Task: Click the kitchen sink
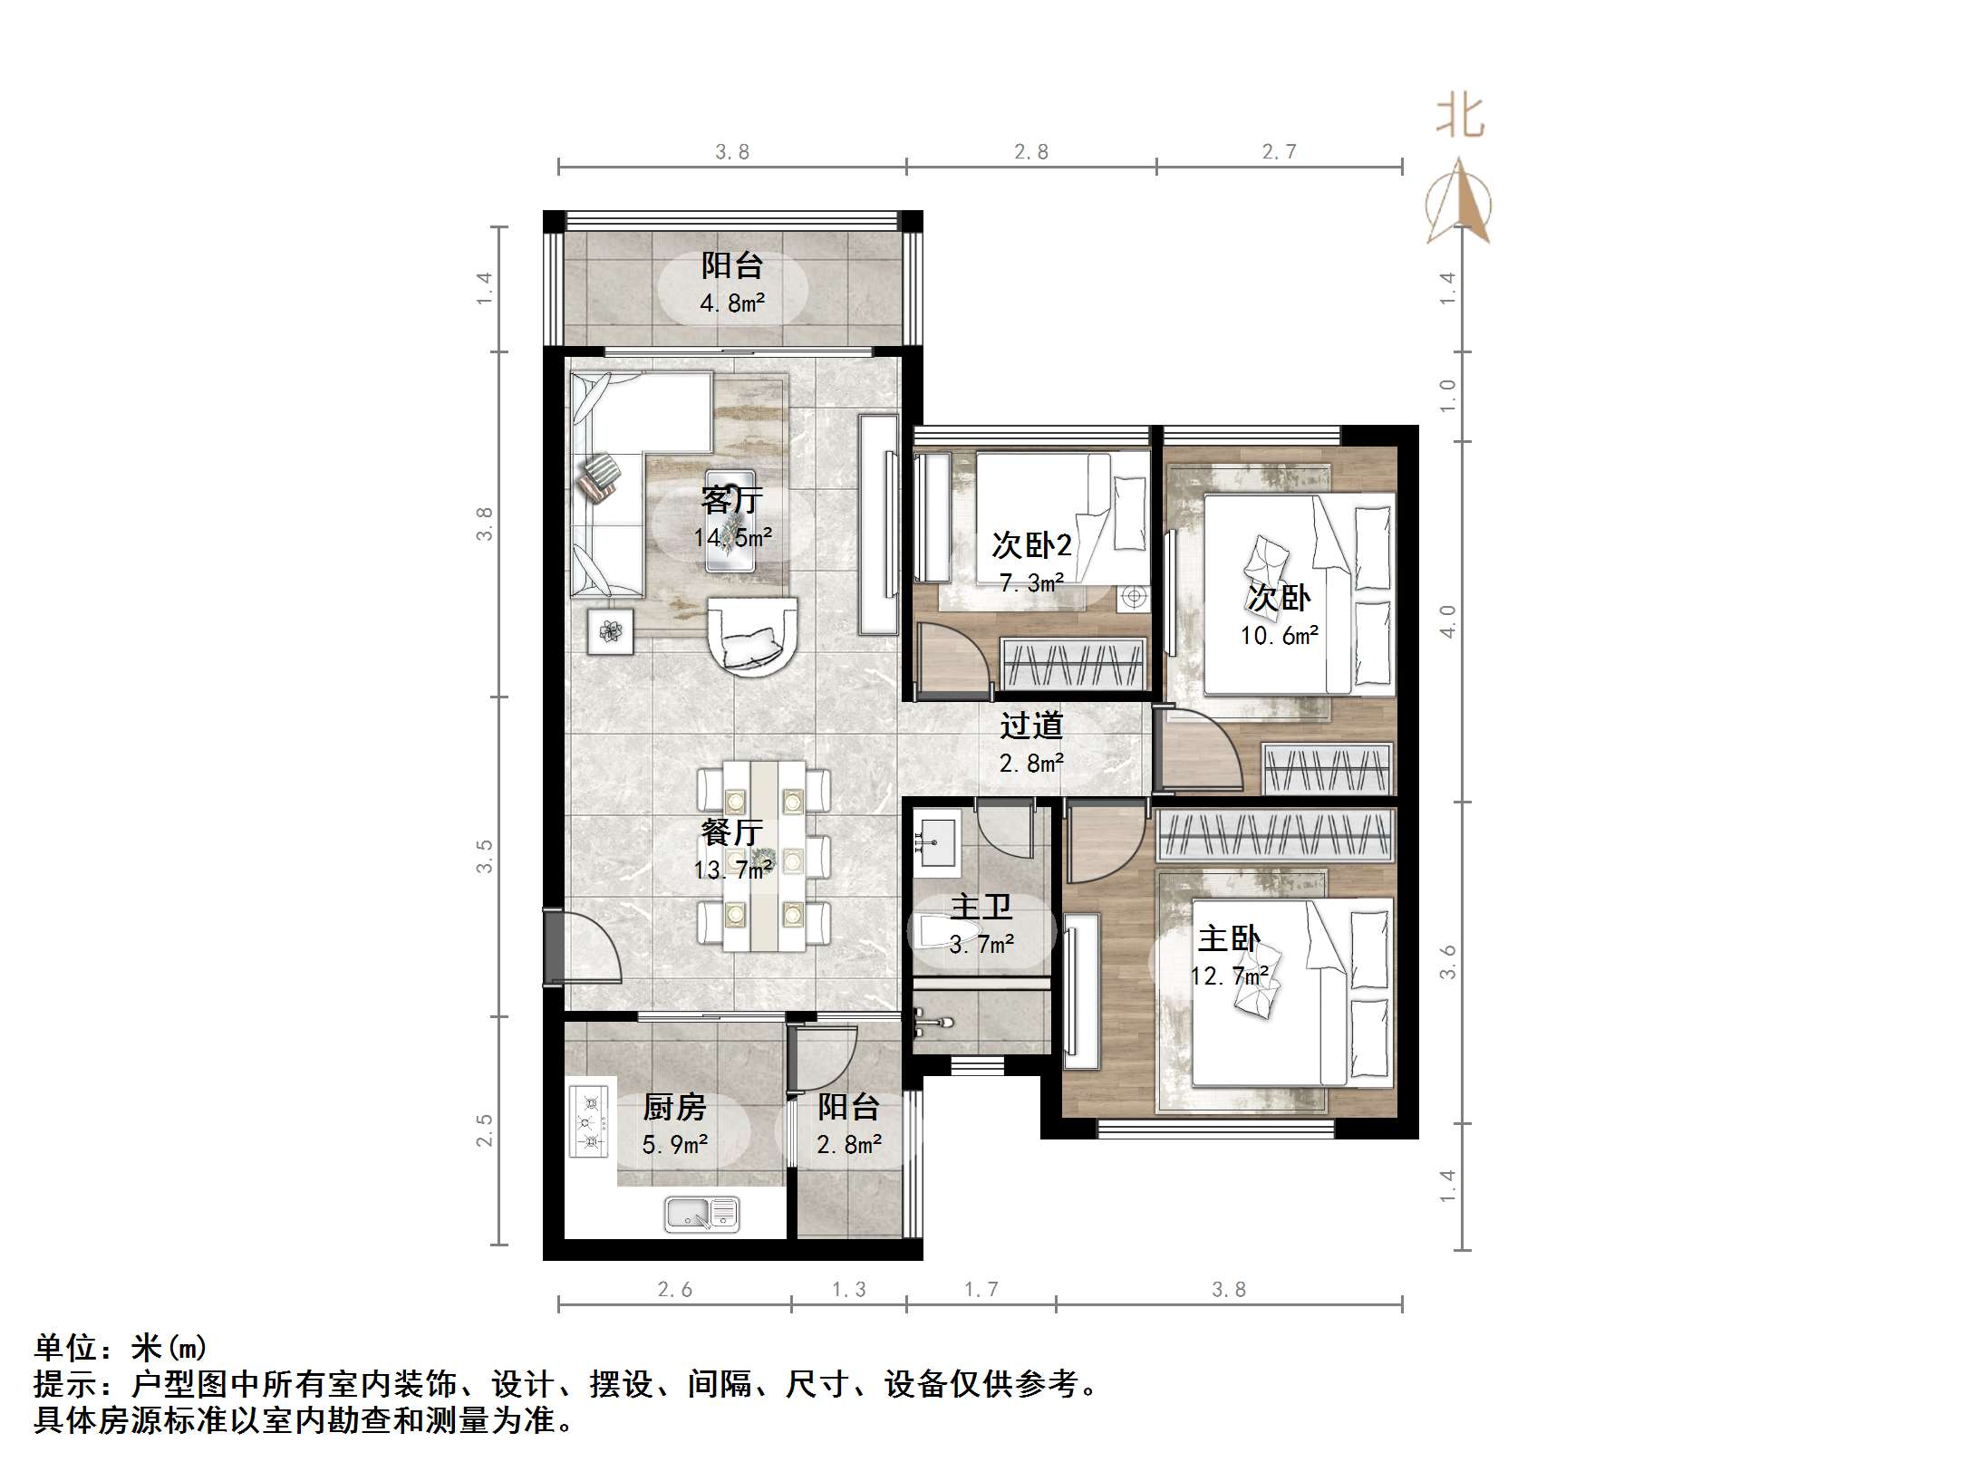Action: (702, 1214)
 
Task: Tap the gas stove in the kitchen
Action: (589, 1121)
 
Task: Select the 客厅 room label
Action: (732, 500)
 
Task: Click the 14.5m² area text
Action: (732, 537)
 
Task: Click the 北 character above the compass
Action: (1460, 118)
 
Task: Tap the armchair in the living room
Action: (751, 636)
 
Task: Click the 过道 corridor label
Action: (1031, 726)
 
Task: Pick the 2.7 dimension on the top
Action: (1279, 152)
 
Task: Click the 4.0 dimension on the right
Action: (1447, 621)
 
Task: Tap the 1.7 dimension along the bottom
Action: (981, 1289)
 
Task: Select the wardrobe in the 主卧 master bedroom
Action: (1274, 834)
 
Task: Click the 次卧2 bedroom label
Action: (1031, 544)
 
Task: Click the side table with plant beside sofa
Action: (610, 631)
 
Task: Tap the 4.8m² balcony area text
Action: (732, 303)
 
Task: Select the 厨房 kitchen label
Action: (674, 1107)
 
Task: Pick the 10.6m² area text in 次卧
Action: (1279, 636)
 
